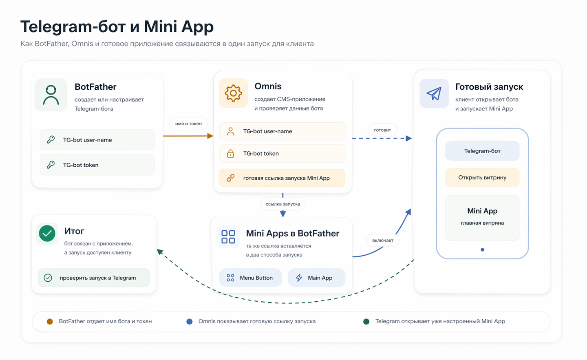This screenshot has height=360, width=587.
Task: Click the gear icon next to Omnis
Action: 233,93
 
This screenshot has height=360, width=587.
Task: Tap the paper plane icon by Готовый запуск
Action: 434,93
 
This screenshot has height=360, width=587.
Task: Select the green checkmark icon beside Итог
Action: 47,234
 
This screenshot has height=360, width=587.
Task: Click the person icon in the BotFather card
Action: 51,95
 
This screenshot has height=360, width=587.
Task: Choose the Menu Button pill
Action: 250,278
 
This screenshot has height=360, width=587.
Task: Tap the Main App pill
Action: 316,278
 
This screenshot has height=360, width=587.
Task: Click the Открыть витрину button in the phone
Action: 482,177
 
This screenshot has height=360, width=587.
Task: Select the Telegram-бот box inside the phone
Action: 482,151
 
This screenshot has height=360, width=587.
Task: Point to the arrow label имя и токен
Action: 188,124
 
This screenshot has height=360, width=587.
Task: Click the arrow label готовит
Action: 382,130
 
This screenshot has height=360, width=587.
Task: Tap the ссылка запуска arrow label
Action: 282,204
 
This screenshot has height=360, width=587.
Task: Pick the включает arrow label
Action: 383,240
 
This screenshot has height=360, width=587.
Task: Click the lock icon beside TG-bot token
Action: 230,153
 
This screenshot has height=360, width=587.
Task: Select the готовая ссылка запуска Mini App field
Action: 282,178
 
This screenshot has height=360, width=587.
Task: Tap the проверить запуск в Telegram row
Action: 94,278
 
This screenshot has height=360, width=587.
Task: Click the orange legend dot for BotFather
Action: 50,321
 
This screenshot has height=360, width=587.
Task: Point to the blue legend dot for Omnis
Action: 189,321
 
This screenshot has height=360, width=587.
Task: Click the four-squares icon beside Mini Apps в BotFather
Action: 228,236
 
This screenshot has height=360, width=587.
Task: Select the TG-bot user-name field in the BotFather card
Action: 97,140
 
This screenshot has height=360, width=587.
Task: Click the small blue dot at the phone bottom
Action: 482,250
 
